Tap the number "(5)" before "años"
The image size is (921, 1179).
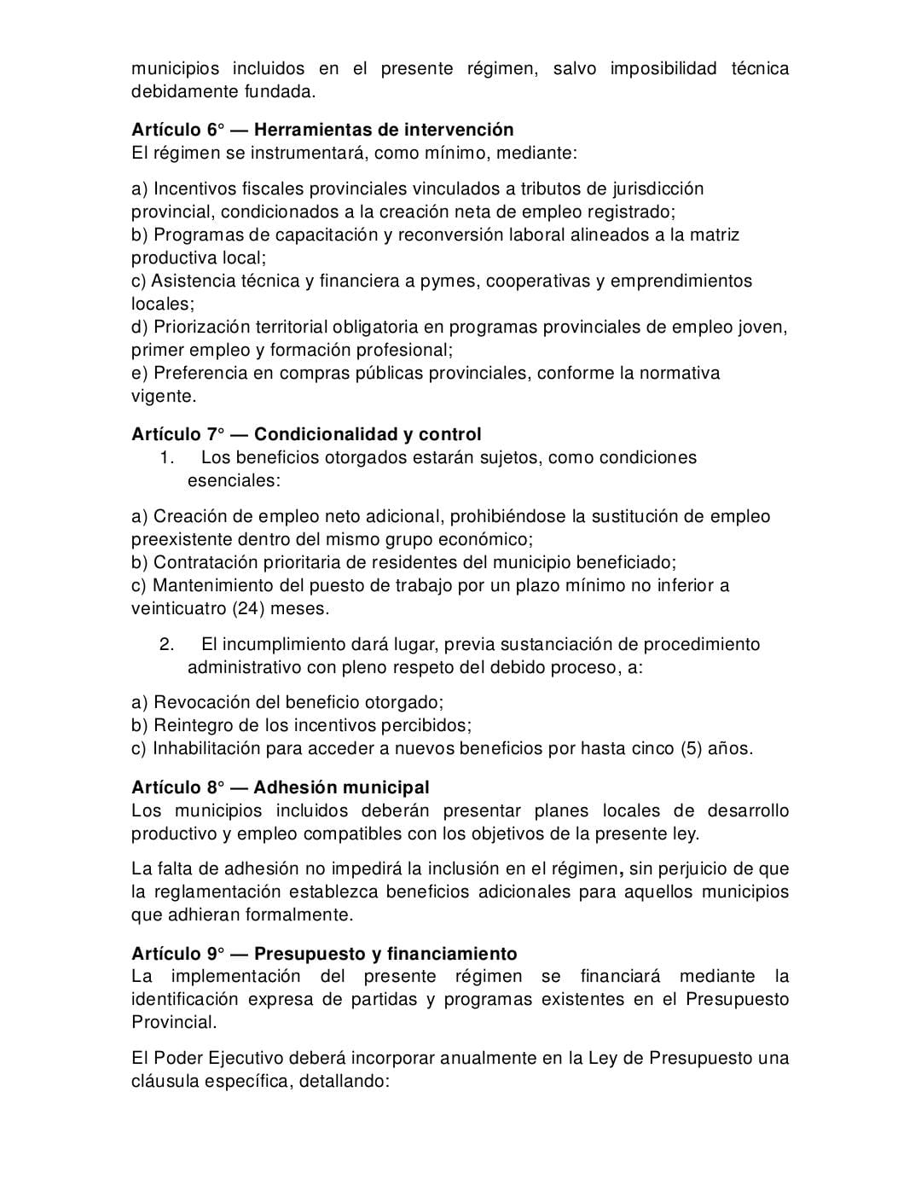[x=691, y=749]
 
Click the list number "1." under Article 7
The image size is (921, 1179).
[x=166, y=458]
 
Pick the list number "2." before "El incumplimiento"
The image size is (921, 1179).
[x=166, y=645]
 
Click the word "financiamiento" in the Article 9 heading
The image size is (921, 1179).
[x=452, y=954]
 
